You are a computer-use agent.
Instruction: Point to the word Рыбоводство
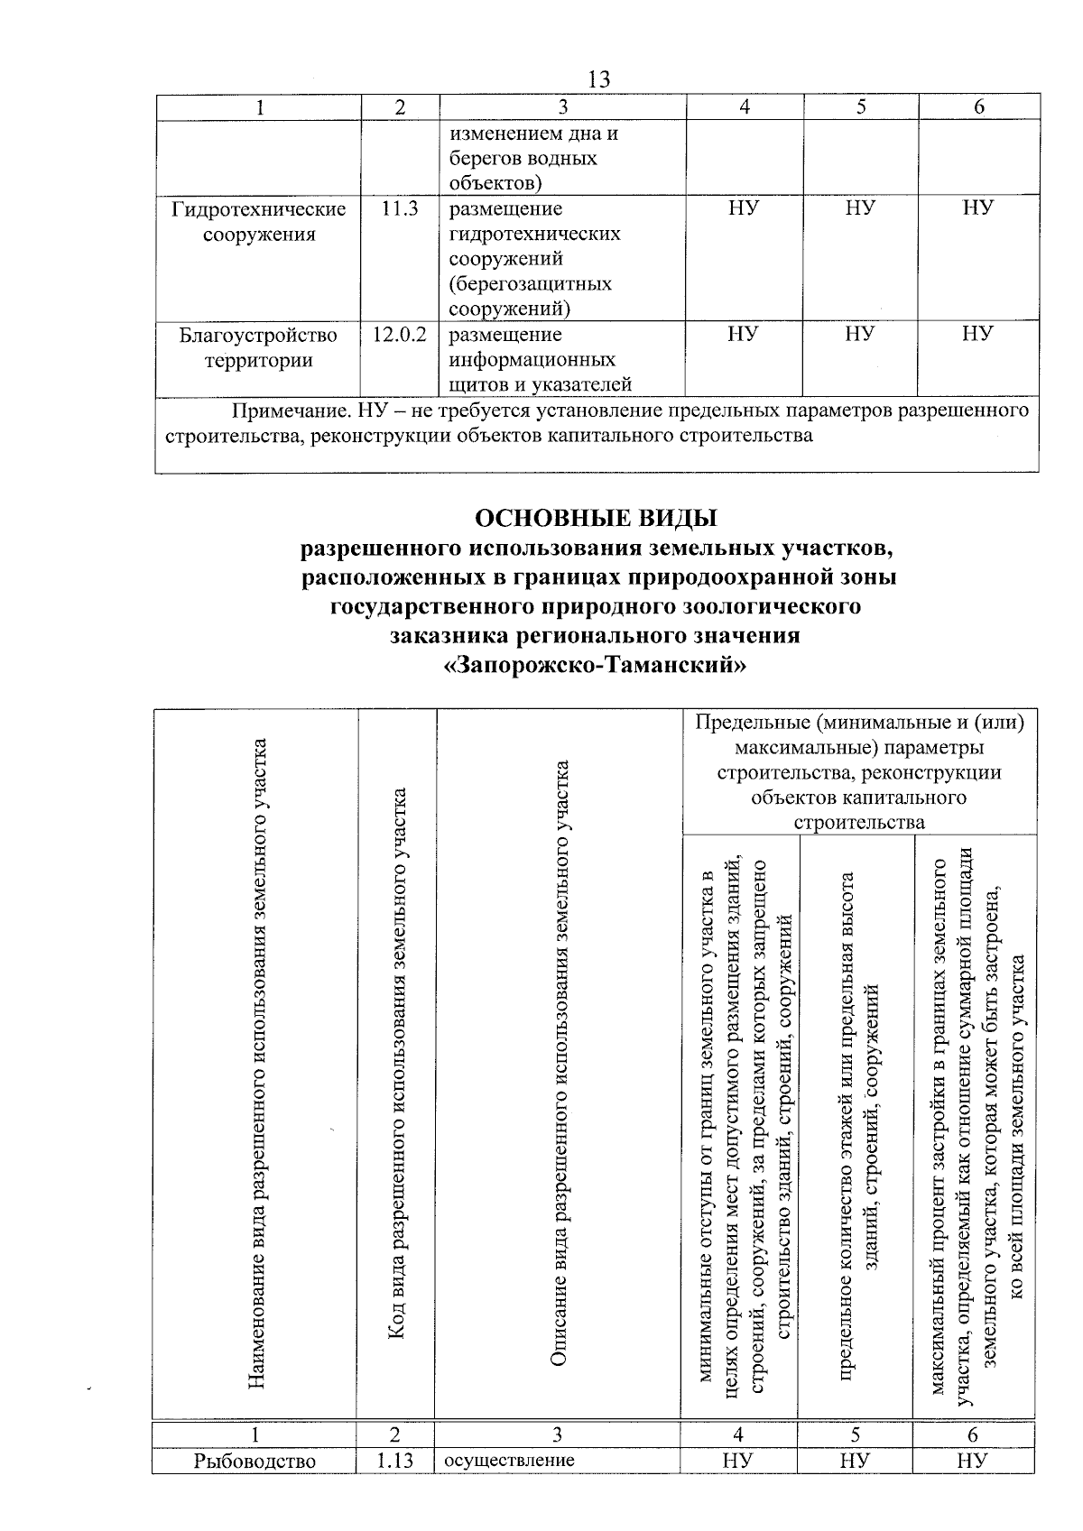coord(255,1461)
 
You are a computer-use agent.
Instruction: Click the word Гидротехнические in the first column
coord(259,209)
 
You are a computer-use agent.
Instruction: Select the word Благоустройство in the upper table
coord(259,336)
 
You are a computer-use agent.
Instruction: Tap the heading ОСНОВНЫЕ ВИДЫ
coord(597,520)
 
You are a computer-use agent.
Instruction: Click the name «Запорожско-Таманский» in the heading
coord(597,666)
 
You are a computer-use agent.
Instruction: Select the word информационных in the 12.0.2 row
coord(532,360)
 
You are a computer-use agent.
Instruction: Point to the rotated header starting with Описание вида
coord(559,1065)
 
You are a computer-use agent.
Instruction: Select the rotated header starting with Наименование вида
coord(256,1065)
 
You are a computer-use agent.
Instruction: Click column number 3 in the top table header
coord(561,107)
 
